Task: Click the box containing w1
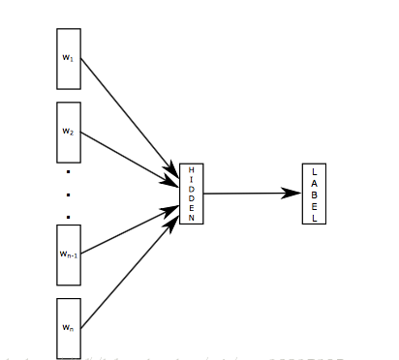pyautogui.click(x=68, y=59)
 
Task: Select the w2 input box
pyautogui.click(x=68, y=132)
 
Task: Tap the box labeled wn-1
pyautogui.click(x=68, y=255)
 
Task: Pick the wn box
pyautogui.click(x=68, y=328)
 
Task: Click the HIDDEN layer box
pyautogui.click(x=192, y=194)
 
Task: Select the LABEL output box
pyautogui.click(x=314, y=194)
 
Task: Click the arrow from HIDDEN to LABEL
pyautogui.click(x=247, y=194)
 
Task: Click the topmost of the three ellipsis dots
pyautogui.click(x=69, y=172)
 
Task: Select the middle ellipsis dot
pyautogui.click(x=69, y=194)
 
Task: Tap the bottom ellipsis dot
pyautogui.click(x=69, y=216)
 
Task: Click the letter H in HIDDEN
pyautogui.click(x=192, y=169)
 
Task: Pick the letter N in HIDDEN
pyautogui.click(x=192, y=218)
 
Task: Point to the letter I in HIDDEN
pyautogui.click(x=192, y=179)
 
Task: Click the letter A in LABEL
pyautogui.click(x=314, y=182)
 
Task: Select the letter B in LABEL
pyautogui.click(x=314, y=194)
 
